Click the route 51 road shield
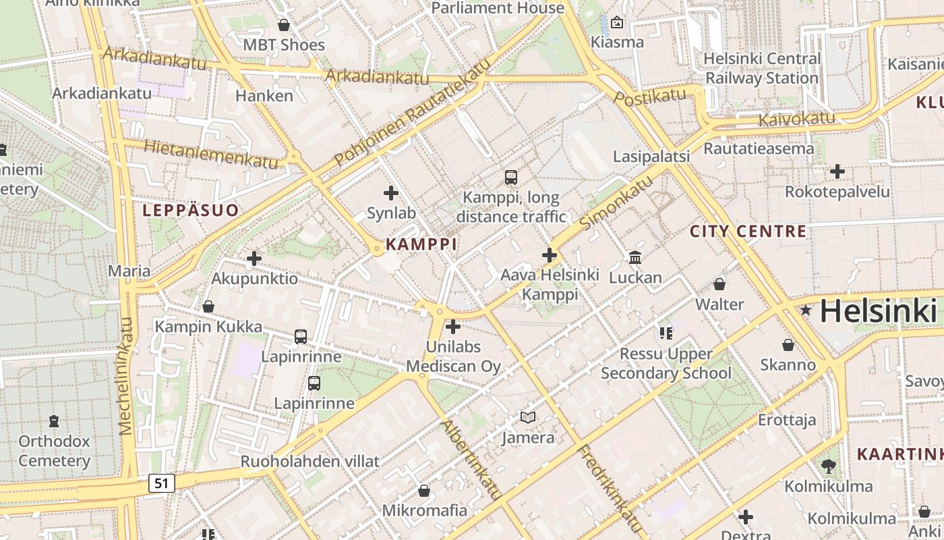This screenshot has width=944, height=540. point(160,483)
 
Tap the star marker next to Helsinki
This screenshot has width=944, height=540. point(805,310)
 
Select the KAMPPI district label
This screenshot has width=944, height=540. point(421,244)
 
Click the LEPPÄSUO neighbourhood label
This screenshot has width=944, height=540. point(191,211)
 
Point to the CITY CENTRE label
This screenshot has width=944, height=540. point(748,232)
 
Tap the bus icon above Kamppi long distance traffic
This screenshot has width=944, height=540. point(511,178)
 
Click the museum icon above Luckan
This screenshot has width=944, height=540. point(635,257)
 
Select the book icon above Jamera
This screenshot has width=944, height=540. point(528,418)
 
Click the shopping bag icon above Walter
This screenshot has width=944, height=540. point(719,284)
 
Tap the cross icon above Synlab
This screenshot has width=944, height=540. point(391,194)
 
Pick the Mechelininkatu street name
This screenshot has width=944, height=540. point(126,376)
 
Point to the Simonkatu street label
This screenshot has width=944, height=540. point(616,202)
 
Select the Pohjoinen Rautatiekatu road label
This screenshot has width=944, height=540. point(411,112)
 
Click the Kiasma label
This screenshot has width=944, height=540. point(617,42)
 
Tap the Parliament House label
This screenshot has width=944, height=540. point(497,8)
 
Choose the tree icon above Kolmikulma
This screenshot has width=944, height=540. point(828,466)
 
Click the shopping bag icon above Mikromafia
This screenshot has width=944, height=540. point(424,491)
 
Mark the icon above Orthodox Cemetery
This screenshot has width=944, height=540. point(54,422)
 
